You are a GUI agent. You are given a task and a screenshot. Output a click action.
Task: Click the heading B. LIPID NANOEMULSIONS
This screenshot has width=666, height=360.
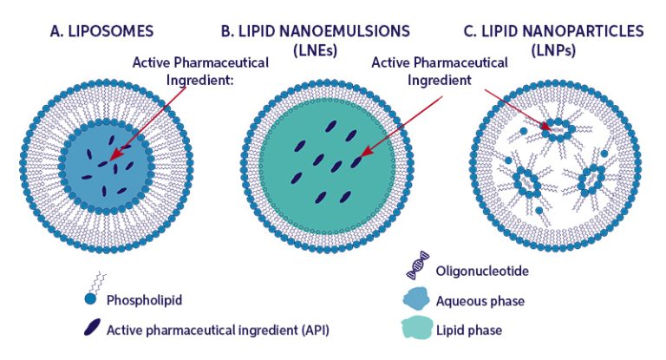click(x=315, y=32)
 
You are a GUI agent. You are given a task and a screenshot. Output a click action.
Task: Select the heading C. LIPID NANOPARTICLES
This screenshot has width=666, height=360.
click(x=553, y=32)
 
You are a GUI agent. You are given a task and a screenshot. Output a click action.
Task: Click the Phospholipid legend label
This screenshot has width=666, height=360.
click(x=146, y=302)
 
